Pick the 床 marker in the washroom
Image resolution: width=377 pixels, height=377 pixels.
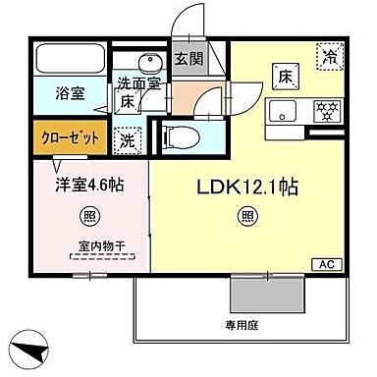pyautogui.click(x=129, y=101)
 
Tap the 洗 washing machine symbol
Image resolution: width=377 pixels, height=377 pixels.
pyautogui.click(x=129, y=139)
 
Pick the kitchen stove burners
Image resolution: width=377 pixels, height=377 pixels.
pyautogui.click(x=327, y=109)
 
